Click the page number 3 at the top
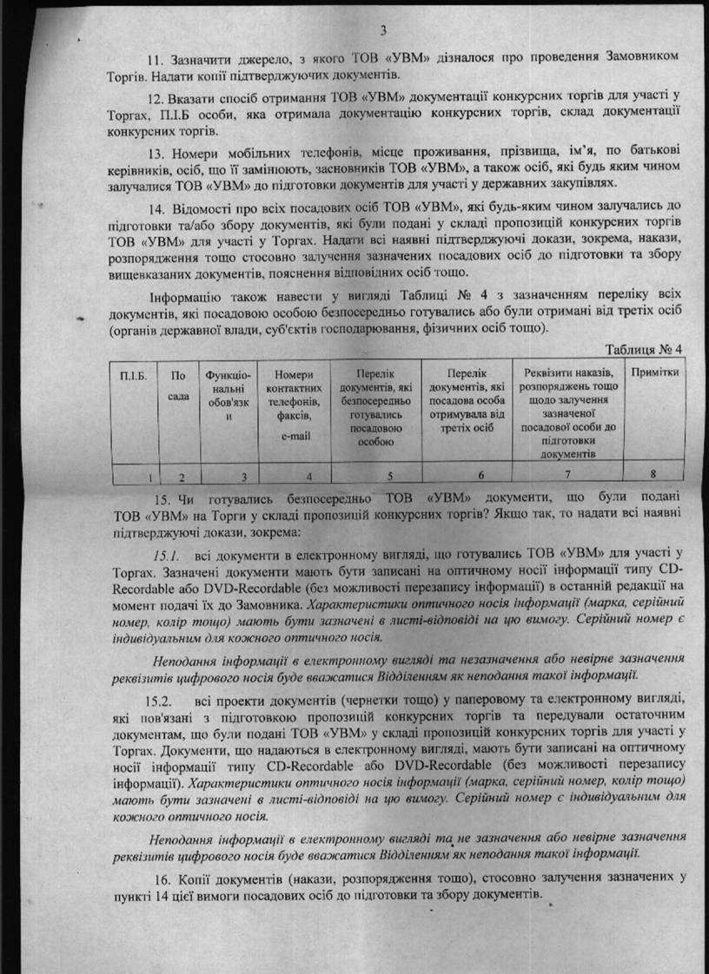358,29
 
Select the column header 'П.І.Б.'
133,374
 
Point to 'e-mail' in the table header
297,435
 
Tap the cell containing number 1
150,476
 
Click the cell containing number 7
567,475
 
